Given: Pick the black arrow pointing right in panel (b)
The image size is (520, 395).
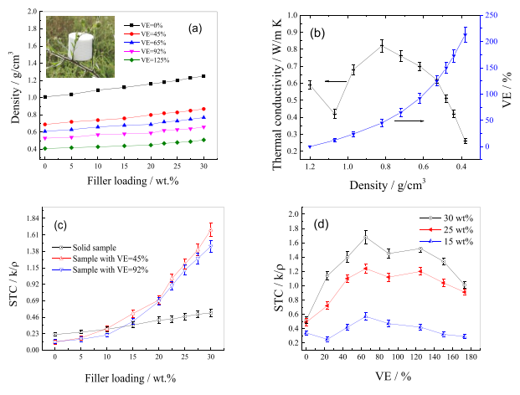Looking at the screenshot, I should point(409,121).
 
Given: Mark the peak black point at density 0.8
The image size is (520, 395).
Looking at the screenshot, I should point(382,47).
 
